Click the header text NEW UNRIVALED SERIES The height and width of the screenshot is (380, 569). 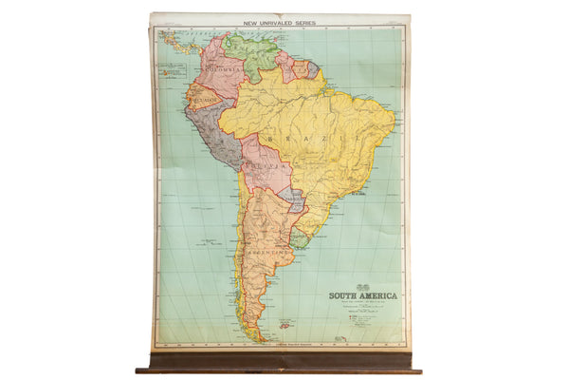click(x=280, y=20)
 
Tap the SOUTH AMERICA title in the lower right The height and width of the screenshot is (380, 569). click(x=363, y=295)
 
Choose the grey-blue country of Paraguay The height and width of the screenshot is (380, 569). click(x=293, y=200)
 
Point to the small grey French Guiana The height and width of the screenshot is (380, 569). click(x=312, y=69)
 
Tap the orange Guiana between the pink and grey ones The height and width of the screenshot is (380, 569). click(x=301, y=68)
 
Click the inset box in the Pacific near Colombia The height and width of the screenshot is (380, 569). click(x=173, y=67)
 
